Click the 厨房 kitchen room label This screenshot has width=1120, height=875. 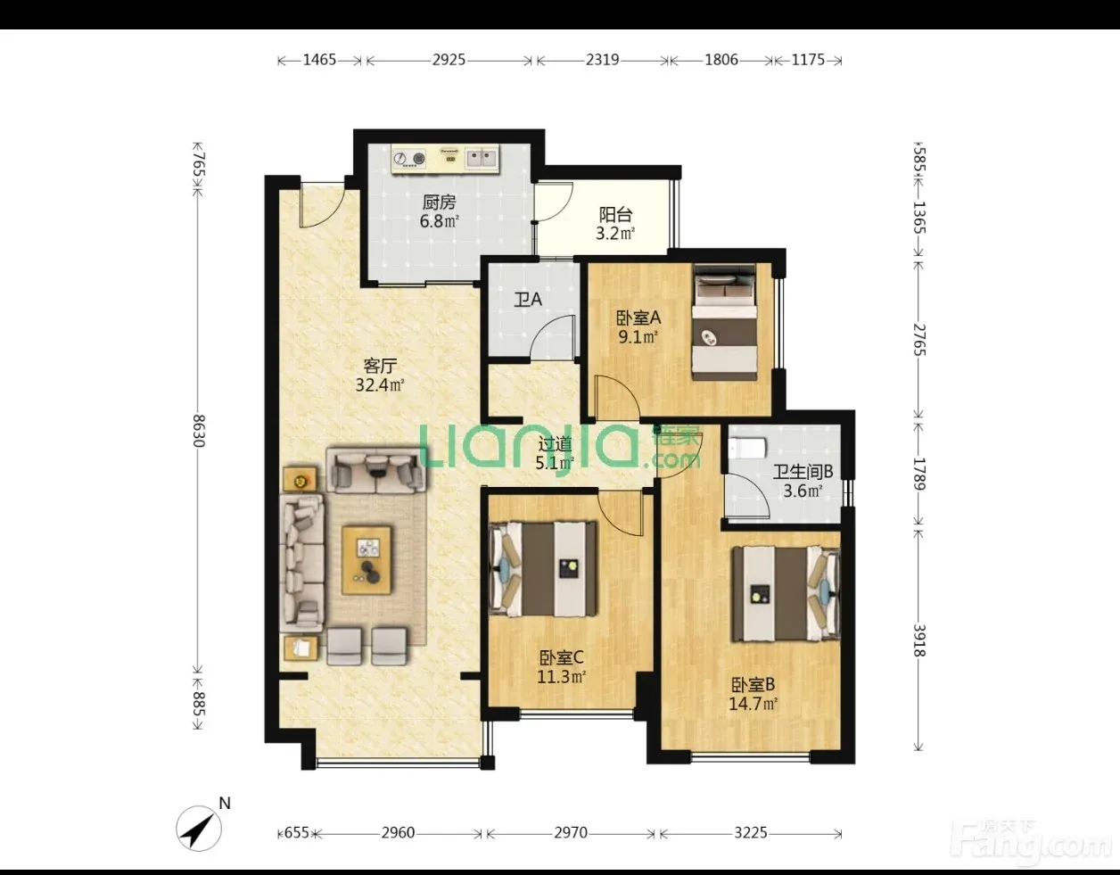[439, 202]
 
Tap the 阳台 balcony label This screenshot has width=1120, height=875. [615, 215]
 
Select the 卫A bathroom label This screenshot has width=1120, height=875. [528, 300]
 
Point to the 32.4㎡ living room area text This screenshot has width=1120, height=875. [380, 385]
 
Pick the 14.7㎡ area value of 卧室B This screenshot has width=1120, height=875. [753, 704]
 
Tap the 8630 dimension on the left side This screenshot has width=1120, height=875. [199, 430]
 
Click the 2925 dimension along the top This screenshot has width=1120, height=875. [449, 61]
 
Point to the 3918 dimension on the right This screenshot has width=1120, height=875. [919, 640]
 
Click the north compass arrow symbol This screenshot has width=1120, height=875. [199, 829]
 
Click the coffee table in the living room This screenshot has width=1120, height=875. [366, 560]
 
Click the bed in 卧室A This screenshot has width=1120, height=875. [724, 322]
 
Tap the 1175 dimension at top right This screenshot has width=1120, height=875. [808, 61]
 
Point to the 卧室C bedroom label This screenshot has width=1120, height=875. [562, 657]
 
